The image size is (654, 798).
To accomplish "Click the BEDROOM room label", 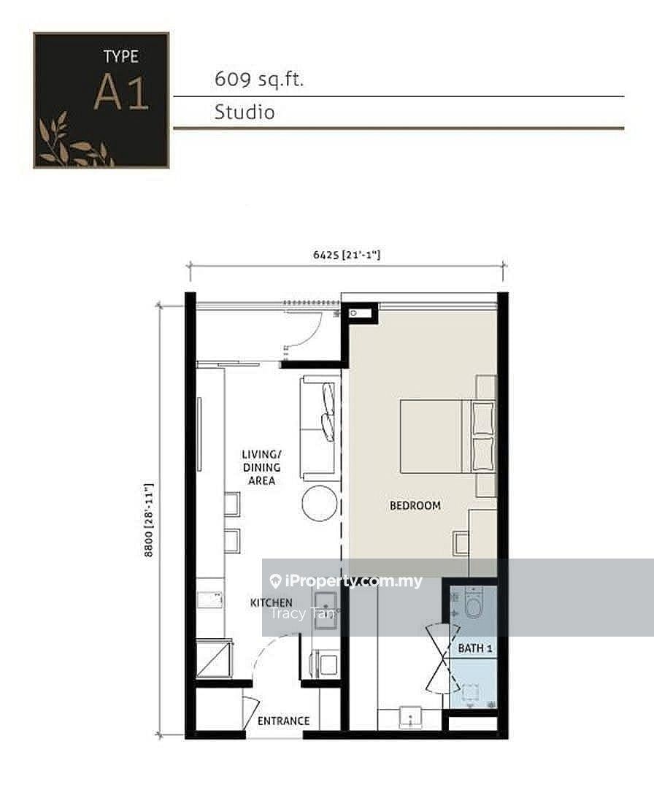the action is [x=415, y=505].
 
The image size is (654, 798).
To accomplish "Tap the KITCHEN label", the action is [x=271, y=602].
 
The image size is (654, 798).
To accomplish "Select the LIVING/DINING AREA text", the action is [x=261, y=467].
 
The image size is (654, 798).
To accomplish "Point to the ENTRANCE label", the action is [x=283, y=721].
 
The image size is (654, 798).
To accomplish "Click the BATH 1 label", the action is [x=475, y=648].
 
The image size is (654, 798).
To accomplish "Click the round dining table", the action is [x=320, y=503].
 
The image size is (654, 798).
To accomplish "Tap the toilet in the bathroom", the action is [x=474, y=604].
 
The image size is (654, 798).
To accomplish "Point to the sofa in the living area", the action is [x=319, y=428].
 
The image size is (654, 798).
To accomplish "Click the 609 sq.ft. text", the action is [x=258, y=80].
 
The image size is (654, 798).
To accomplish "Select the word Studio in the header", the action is [x=245, y=112].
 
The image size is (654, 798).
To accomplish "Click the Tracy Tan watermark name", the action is [x=301, y=614].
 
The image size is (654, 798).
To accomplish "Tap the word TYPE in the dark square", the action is [x=120, y=56].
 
